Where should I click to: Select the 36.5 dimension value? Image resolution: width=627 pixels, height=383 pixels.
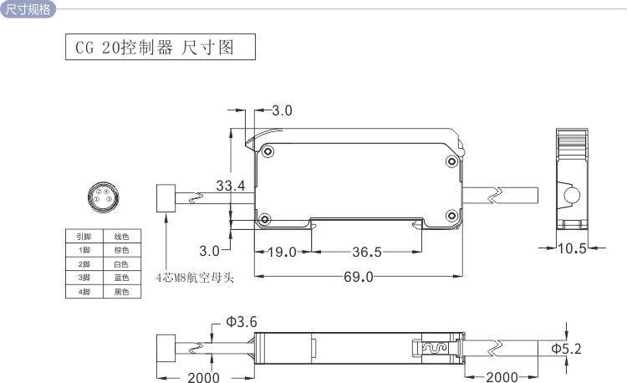click(x=366, y=252)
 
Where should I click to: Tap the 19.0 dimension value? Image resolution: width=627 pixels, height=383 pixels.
click(x=282, y=252)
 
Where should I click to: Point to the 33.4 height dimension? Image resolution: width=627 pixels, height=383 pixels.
click(x=230, y=186)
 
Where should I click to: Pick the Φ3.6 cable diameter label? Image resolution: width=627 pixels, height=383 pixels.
click(x=241, y=322)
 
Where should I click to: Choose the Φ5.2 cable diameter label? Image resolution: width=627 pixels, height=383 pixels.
click(x=566, y=347)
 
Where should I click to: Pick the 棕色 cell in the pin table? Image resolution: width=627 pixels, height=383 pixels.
click(x=121, y=249)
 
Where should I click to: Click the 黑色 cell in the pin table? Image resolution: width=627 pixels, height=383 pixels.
click(x=121, y=292)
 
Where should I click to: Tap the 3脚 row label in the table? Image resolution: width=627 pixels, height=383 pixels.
click(x=84, y=278)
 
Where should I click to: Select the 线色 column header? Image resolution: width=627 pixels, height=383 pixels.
click(x=121, y=236)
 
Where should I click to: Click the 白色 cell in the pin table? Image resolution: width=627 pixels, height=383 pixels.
click(x=121, y=263)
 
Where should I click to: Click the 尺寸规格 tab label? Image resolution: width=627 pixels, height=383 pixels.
click(x=28, y=9)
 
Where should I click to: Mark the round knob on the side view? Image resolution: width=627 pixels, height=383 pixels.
click(x=573, y=197)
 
